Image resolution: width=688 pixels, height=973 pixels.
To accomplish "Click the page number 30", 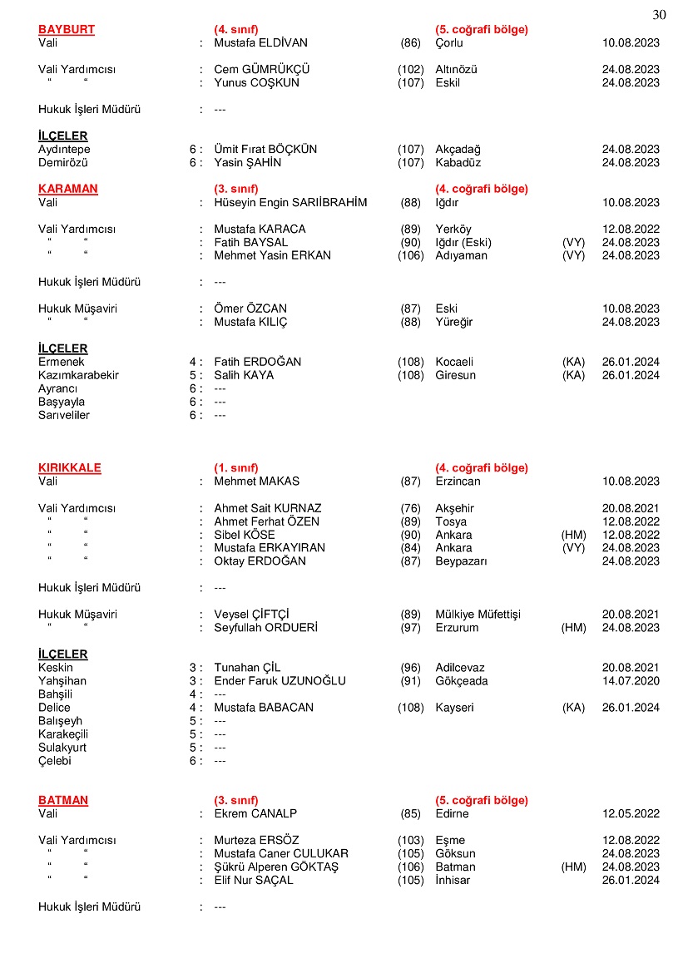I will (660, 14).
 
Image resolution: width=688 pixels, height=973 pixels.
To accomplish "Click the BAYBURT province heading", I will (67, 29).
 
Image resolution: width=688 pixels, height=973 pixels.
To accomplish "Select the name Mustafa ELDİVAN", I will (260, 42).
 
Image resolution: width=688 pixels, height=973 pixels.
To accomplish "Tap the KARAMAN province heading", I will (68, 189).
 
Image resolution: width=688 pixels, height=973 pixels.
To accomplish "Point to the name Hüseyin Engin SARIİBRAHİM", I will (290, 202).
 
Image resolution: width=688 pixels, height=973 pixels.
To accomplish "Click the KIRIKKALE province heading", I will (70, 467).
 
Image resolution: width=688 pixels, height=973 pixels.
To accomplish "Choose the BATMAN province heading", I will (63, 800).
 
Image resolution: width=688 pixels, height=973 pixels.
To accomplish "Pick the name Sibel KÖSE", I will (245, 535).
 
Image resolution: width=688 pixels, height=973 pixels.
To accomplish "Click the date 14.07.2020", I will (631, 681).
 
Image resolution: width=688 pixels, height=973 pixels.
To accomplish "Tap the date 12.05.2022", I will (631, 813).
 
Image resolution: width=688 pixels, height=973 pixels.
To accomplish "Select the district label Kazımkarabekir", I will (78, 375).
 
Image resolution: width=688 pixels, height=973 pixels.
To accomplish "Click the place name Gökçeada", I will (462, 681).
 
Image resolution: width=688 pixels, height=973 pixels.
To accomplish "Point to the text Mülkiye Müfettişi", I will (478, 615).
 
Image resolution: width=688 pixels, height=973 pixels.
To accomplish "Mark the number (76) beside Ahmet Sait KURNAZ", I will (410, 508).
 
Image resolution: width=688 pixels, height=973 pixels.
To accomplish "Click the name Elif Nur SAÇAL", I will (254, 880).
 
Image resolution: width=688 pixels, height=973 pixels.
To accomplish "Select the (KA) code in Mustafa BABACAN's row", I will (573, 708).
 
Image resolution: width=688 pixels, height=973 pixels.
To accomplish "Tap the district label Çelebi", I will (55, 761).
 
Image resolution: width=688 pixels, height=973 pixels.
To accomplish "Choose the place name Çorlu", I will (449, 42).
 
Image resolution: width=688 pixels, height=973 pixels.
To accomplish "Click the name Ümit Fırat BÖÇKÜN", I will (265, 149).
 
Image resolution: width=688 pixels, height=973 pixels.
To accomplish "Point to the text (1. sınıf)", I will (236, 467).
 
